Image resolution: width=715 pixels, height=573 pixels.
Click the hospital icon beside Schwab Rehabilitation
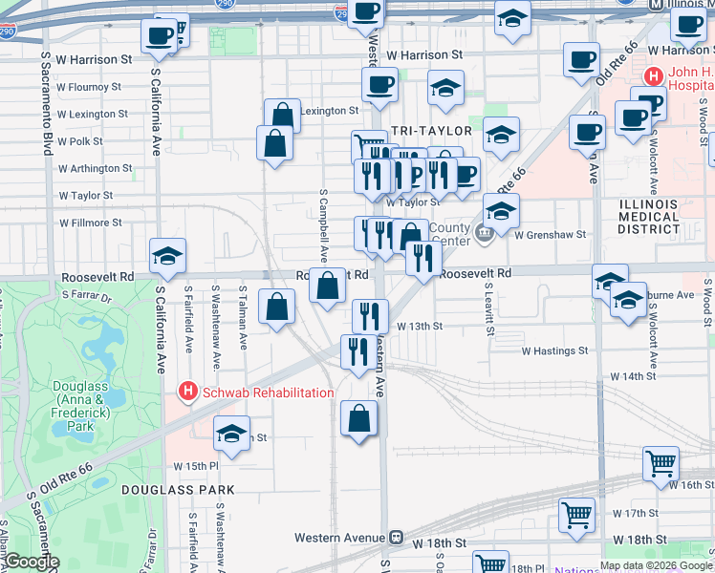pyautogui.click(x=188, y=392)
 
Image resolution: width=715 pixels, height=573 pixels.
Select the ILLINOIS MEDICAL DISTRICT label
pyautogui.click(x=649, y=215)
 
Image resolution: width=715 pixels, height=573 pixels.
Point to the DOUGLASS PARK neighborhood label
pyautogui.click(x=178, y=489)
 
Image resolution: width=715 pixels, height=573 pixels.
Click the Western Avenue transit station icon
pyautogui.click(x=394, y=538)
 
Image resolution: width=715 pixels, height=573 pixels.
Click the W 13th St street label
pyautogui.click(x=421, y=326)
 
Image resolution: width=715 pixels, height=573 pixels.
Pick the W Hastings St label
pyautogui.click(x=554, y=350)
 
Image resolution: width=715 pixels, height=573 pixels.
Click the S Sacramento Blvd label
pyautogui.click(x=46, y=104)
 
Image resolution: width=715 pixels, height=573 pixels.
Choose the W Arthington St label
pyautogui.click(x=95, y=168)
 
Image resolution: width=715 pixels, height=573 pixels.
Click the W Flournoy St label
pyautogui.click(x=89, y=86)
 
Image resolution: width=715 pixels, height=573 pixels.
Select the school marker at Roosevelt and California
pyautogui.click(x=167, y=256)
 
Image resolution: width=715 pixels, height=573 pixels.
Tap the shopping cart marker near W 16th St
pyautogui.click(x=661, y=463)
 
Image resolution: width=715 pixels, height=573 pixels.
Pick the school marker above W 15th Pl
pyautogui.click(x=231, y=435)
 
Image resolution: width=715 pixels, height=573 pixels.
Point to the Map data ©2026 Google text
pyautogui.click(x=656, y=565)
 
